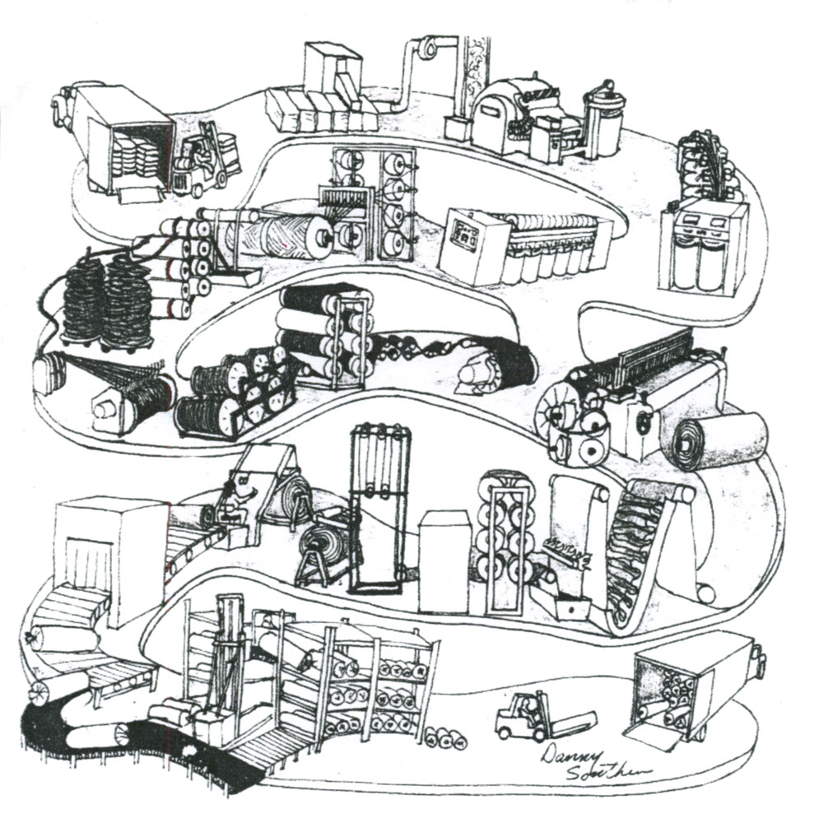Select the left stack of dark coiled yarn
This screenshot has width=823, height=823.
[x=84, y=301]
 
